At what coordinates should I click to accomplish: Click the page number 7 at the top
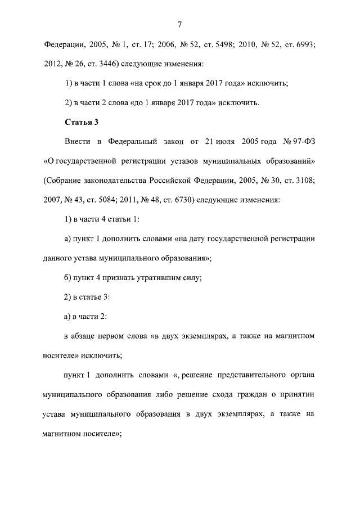point(179,23)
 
